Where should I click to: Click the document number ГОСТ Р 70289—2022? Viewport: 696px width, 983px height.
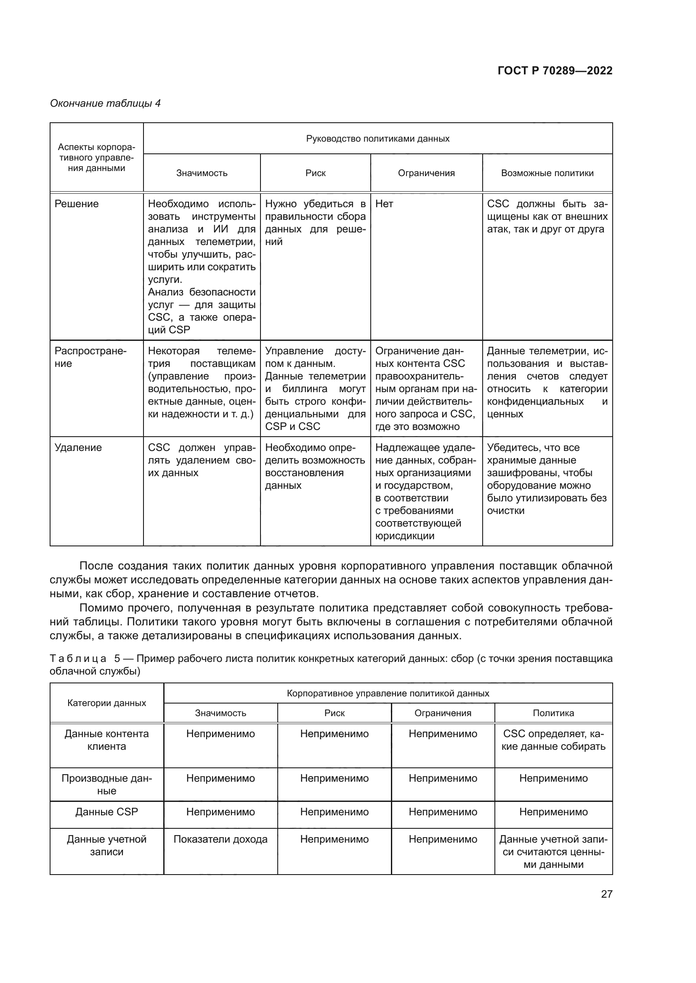pos(555,71)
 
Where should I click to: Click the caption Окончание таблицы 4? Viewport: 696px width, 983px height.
pos(106,104)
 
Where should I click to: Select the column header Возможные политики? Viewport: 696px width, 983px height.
pos(547,173)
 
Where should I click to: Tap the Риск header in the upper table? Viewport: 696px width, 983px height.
pos(316,173)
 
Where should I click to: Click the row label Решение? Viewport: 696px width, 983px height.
pos(76,204)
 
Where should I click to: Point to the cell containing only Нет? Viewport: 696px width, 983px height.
pos(384,204)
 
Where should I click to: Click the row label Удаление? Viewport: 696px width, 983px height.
pos(78,448)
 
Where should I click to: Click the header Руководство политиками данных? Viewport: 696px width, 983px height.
pos(377,139)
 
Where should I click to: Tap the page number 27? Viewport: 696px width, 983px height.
pos(606,894)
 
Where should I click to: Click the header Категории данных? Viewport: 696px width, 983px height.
pos(107,703)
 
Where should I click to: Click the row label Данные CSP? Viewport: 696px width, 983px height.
pos(107,812)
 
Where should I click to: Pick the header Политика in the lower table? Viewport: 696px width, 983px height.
pos(553,713)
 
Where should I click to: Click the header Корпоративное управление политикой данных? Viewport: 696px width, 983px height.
pos(388,693)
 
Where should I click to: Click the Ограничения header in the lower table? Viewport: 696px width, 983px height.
pos(443,713)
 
